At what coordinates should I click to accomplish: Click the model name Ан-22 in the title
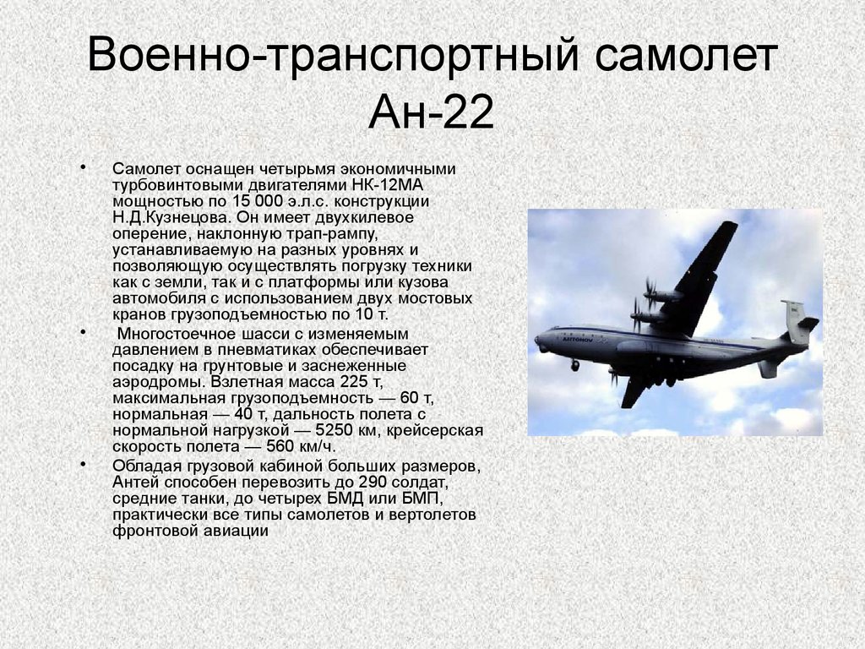(431, 112)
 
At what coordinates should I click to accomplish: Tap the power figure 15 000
(258, 201)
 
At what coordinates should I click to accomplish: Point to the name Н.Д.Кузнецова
(171, 217)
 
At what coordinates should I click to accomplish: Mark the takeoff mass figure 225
(354, 381)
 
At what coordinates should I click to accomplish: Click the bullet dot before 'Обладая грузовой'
(83, 464)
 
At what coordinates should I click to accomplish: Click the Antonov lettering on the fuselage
(578, 341)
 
